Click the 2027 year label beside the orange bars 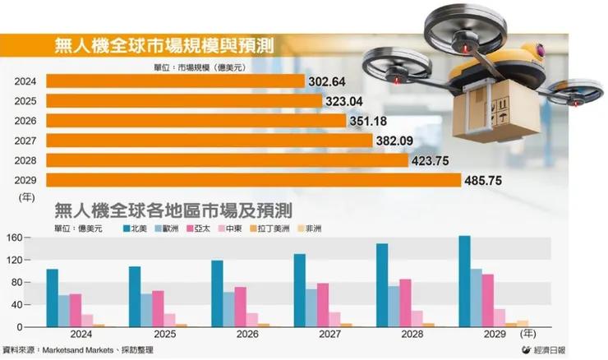coord(25,141)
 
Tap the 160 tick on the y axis coord(15,238)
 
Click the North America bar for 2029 coord(464,281)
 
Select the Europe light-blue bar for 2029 coord(477,298)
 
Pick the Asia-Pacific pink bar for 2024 coord(76,310)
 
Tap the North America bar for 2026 coord(217,293)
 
